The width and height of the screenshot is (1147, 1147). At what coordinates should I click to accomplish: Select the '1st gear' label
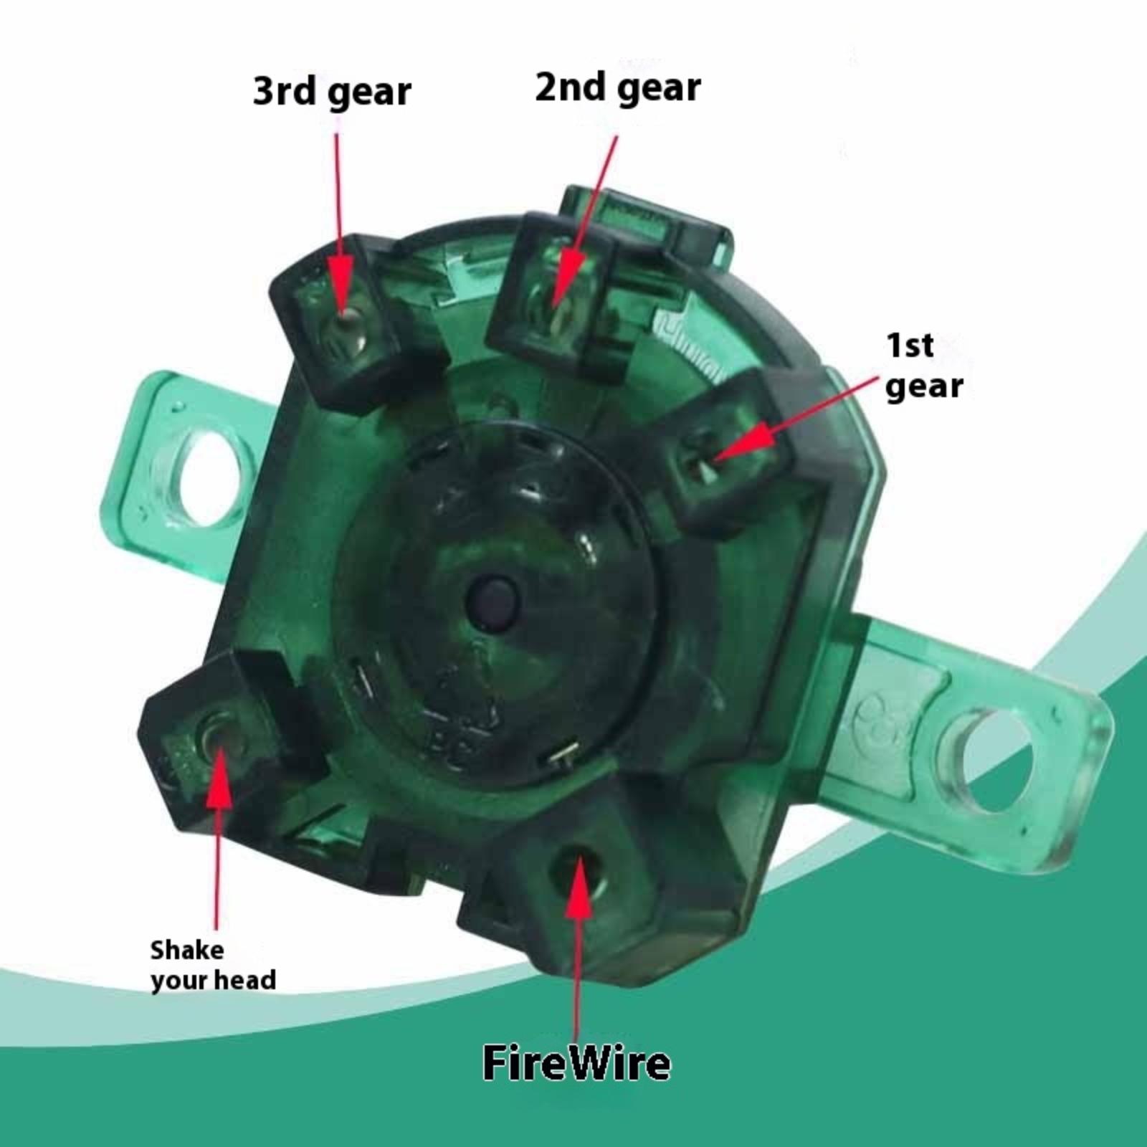click(924, 366)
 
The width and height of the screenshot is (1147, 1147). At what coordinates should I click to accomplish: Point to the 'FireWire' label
click(577, 1062)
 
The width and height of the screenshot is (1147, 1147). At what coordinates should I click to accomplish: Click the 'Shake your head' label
click(213, 965)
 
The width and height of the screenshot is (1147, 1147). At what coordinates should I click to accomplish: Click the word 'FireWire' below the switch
click(577, 1062)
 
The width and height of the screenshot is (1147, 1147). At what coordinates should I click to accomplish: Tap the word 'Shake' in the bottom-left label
click(187, 951)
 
